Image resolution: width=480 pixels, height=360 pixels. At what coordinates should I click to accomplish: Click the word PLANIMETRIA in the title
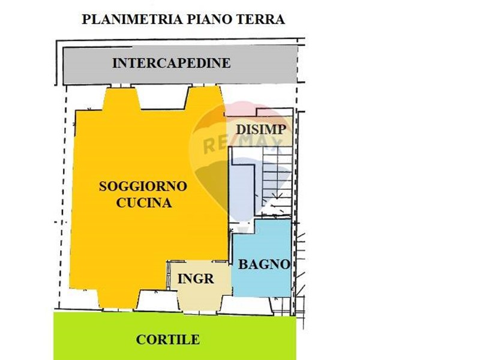132,20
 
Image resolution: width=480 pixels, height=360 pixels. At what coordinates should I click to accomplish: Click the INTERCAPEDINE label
172,63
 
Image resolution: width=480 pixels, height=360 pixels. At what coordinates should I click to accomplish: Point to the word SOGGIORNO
143,186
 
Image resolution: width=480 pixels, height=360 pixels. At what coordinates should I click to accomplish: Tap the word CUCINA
144,203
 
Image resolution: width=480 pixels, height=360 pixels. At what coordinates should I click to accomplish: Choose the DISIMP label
261,130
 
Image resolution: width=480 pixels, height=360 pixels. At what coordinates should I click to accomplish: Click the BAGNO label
264,264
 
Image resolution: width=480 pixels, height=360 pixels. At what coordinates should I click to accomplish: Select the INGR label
196,279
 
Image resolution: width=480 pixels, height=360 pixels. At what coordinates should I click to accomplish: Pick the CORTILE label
168,340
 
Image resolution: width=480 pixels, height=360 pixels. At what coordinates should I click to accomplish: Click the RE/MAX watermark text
242,144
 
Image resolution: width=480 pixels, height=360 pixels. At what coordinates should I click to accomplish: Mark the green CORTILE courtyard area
175,336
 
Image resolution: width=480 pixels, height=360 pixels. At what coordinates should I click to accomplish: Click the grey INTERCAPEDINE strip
180,65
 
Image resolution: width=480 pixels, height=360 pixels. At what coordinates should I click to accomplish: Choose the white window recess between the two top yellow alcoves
163,98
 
